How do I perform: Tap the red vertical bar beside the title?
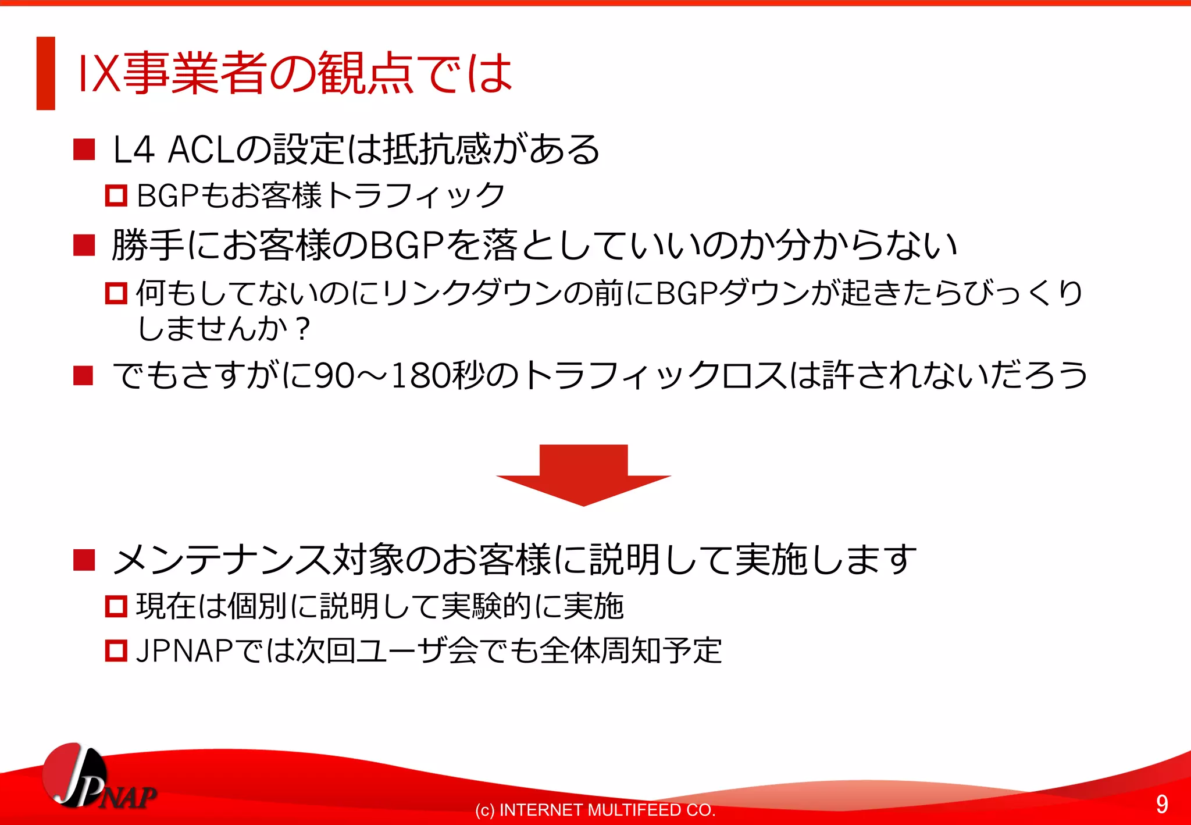point(45,73)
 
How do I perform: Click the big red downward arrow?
point(583,474)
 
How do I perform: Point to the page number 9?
point(1161,804)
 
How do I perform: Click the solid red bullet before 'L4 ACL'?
point(84,150)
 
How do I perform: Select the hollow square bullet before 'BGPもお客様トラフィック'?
point(116,195)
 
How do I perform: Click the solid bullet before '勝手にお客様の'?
point(84,245)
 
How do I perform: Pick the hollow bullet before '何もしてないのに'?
point(116,293)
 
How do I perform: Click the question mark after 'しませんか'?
point(302,329)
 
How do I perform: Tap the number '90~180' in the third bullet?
point(381,375)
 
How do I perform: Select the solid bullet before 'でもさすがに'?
point(84,375)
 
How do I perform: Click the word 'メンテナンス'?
point(221,560)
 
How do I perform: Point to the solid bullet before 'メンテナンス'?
point(84,560)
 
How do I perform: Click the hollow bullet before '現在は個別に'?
point(116,606)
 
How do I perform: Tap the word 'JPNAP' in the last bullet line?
point(184,650)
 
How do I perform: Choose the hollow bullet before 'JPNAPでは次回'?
point(116,650)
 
